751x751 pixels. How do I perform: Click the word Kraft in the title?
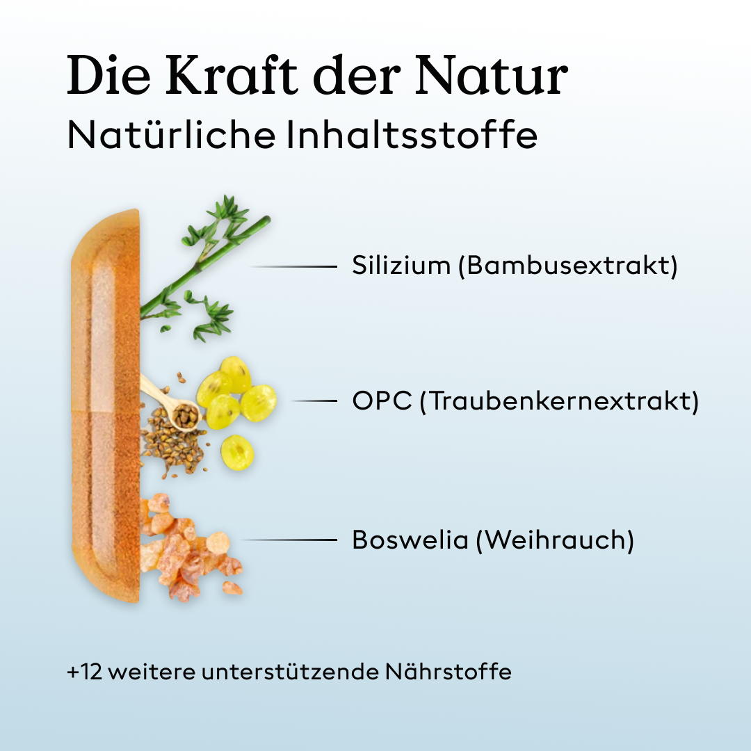229,75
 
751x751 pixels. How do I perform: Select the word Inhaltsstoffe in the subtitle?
412,135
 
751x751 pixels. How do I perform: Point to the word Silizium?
401,266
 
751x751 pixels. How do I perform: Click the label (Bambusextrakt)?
567,266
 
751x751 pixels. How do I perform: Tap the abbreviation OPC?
382,401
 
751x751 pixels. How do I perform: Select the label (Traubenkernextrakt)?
559,401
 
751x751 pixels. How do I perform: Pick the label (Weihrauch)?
555,540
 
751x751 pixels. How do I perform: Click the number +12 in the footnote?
84,672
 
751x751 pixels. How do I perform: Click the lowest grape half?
237,452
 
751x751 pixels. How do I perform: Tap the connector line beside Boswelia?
289,540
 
